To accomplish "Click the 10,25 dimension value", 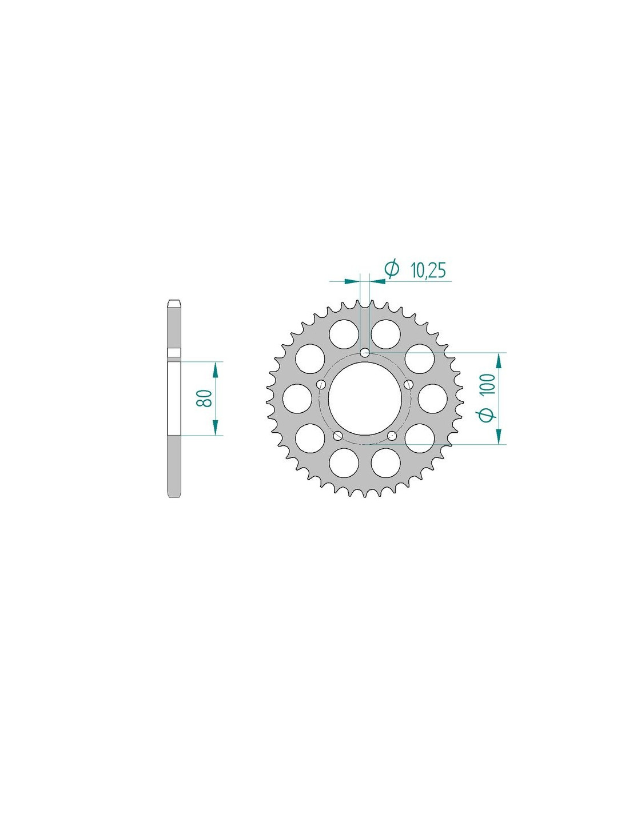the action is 428,270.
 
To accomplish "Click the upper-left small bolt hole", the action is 321,384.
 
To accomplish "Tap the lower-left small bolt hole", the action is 338,435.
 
